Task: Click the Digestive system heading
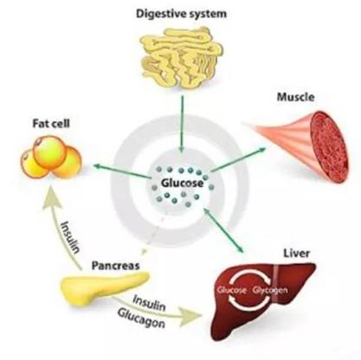pos(181,14)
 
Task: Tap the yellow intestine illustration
pos(181,57)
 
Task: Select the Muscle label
pos(295,97)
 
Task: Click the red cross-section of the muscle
pos(329,147)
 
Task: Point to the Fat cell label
pos(51,124)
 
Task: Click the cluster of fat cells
pos(51,157)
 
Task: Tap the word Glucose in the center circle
pos(182,183)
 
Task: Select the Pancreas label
pos(115,266)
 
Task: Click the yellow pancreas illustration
pos(105,289)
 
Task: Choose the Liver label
pos(296,254)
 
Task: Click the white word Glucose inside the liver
pos(232,290)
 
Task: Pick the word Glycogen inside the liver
pos(270,290)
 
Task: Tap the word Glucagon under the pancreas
pos(141,318)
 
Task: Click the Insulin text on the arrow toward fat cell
pos(70,237)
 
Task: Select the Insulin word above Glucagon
pos(149,303)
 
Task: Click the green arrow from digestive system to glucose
pos(181,124)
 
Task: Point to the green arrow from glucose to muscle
pos(238,159)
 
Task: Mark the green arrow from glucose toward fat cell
pos(121,170)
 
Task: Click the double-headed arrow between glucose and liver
pos(224,230)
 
